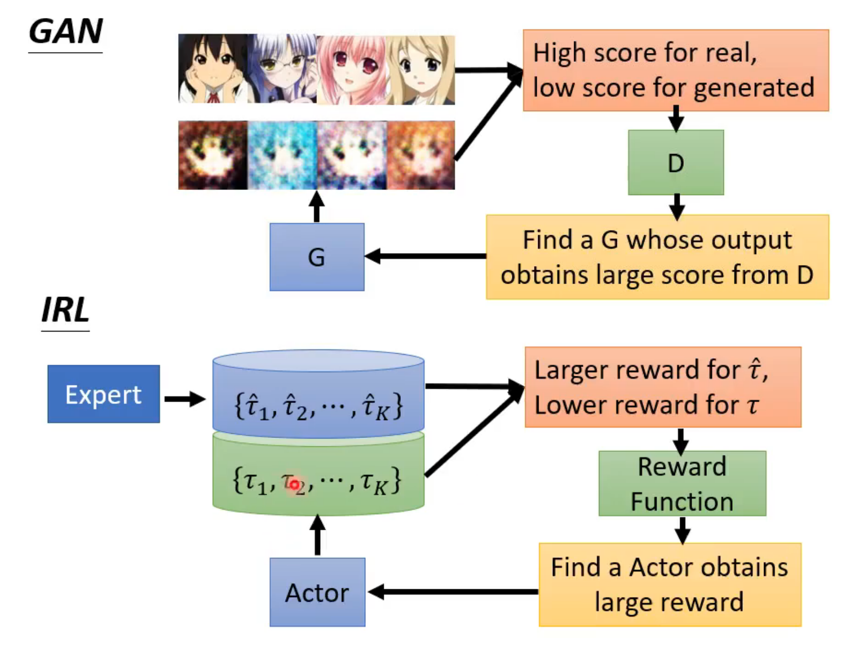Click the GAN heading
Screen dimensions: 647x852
[66, 32]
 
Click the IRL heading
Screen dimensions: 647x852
[65, 310]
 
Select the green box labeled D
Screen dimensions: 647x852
[676, 163]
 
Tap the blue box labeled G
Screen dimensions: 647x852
[317, 257]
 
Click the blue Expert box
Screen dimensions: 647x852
[103, 394]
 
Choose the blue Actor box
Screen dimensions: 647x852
[317, 592]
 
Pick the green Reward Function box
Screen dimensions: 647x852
[682, 484]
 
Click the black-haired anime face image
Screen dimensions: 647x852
[213, 69]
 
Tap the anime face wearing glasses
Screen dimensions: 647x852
[282, 69]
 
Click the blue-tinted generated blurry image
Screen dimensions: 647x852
[282, 155]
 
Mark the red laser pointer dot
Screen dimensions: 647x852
[294, 484]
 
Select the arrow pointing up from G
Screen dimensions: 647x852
[317, 207]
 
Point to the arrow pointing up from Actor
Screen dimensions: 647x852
[318, 536]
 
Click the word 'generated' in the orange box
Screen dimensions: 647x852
[754, 88]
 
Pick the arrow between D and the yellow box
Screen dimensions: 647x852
[677, 206]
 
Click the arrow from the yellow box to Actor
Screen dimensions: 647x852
[453, 592]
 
